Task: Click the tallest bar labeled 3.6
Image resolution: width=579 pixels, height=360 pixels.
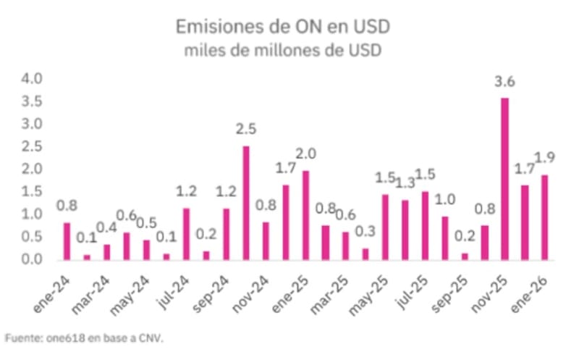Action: pos(504,178)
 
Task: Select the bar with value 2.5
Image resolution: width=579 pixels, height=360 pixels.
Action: pos(246,202)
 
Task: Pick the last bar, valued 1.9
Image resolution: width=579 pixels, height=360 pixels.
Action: pos(544,217)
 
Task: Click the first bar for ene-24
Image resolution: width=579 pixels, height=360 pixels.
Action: pos(67,240)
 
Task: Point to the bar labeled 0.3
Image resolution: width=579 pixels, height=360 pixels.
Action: pos(365,254)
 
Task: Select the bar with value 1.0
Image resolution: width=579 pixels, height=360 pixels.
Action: pos(445,237)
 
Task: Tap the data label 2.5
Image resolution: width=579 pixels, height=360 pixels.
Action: pos(246,130)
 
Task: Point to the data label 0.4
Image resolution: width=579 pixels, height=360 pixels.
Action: pos(107,228)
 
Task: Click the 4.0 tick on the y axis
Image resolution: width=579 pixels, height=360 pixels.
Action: pos(33,78)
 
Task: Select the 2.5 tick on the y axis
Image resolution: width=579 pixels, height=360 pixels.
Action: pos(33,146)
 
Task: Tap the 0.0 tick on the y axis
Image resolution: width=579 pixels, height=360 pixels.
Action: pos(33,259)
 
